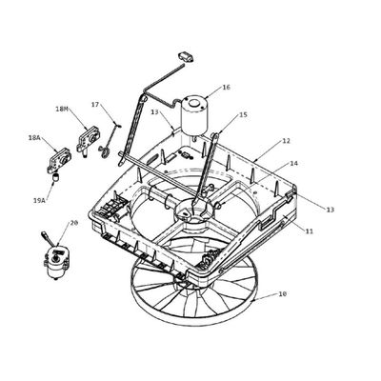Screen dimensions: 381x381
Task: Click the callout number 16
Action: click(226, 87)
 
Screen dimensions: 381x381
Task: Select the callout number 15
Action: click(243, 114)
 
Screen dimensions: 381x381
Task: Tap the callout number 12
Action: click(286, 141)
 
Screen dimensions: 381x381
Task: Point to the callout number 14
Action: click(294, 164)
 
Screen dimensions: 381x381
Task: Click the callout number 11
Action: click(310, 231)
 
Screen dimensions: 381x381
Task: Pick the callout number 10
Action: click(282, 294)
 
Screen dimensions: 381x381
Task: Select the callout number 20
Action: click(73, 223)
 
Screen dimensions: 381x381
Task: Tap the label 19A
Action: click(38, 200)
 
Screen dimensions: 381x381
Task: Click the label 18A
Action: click(34, 138)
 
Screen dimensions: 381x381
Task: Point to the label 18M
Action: click(62, 109)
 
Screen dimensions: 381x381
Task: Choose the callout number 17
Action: click(95, 104)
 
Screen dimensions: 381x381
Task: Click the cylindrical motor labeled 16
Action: click(194, 115)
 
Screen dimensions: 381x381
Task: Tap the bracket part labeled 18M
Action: click(88, 140)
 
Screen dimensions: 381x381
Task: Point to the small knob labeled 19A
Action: click(56, 177)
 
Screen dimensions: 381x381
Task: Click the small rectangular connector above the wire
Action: click(187, 57)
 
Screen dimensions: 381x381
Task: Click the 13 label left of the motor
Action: click(154, 112)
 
